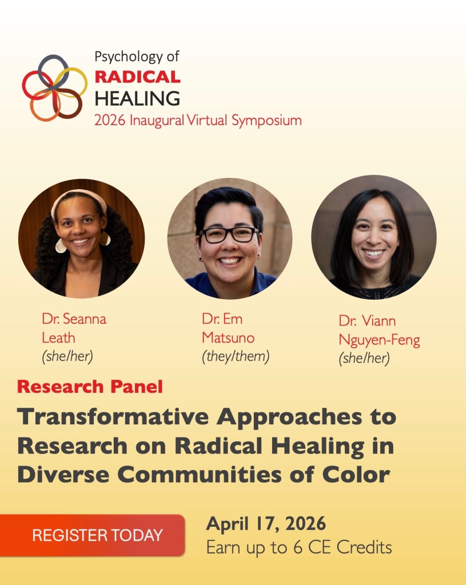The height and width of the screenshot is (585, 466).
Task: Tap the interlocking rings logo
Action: click(x=54, y=86)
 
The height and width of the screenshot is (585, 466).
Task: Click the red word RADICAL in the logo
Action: click(x=137, y=76)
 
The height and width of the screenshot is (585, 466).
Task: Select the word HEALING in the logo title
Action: click(x=137, y=98)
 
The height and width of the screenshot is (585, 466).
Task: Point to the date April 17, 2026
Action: click(x=266, y=523)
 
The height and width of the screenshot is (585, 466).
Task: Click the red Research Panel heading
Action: click(x=90, y=387)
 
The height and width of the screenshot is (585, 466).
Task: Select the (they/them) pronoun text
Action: click(x=235, y=356)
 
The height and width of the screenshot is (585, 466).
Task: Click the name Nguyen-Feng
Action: click(x=379, y=340)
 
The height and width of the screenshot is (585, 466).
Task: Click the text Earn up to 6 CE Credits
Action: click(x=298, y=547)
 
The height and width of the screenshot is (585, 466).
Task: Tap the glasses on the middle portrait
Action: click(x=229, y=235)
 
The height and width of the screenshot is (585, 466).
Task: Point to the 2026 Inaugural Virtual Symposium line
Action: click(x=198, y=121)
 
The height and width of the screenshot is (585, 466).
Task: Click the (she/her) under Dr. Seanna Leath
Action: click(x=67, y=356)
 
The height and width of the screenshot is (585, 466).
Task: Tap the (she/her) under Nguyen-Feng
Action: click(x=364, y=359)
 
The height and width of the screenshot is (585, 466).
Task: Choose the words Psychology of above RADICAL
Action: click(x=137, y=57)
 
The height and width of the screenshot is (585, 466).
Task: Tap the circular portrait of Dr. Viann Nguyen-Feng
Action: click(x=374, y=237)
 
